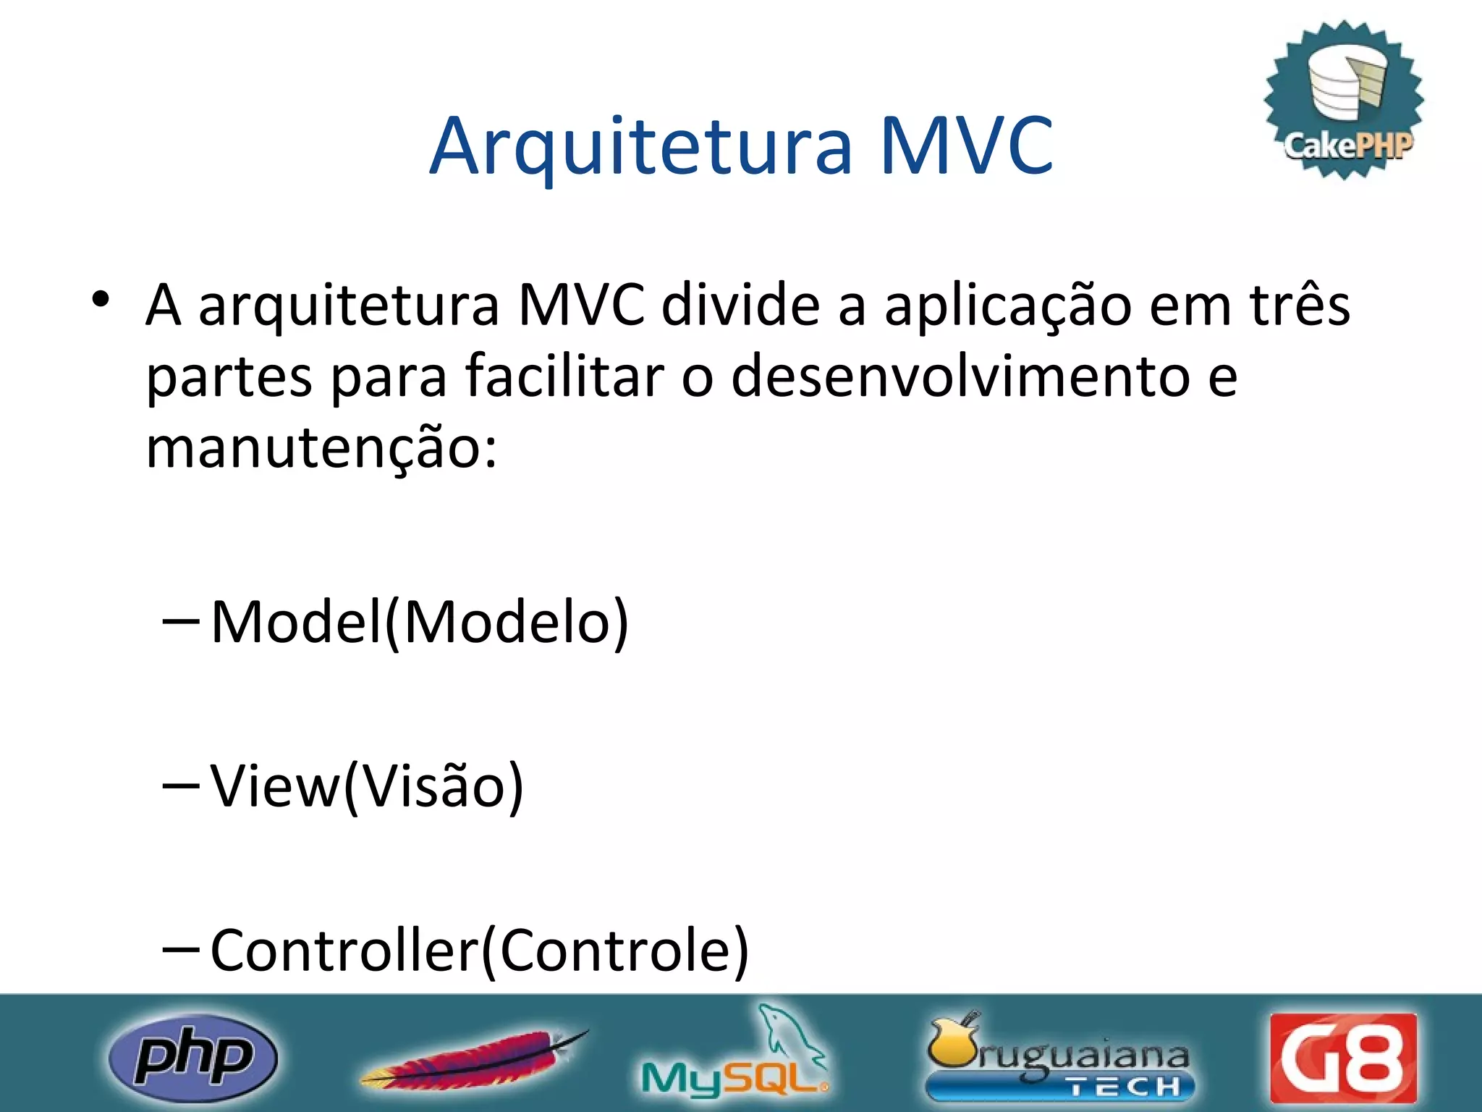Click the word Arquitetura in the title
tap(641, 147)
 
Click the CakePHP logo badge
tap(1344, 100)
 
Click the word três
tap(1300, 305)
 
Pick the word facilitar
tap(564, 376)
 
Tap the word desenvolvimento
tap(960, 376)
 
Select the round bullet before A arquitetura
tap(101, 299)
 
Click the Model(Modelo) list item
tap(420, 622)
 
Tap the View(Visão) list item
tap(367, 786)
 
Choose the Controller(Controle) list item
tap(479, 951)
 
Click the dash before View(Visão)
tap(182, 785)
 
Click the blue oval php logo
tap(193, 1057)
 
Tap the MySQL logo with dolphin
tap(735, 1054)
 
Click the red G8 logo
tap(1343, 1058)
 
